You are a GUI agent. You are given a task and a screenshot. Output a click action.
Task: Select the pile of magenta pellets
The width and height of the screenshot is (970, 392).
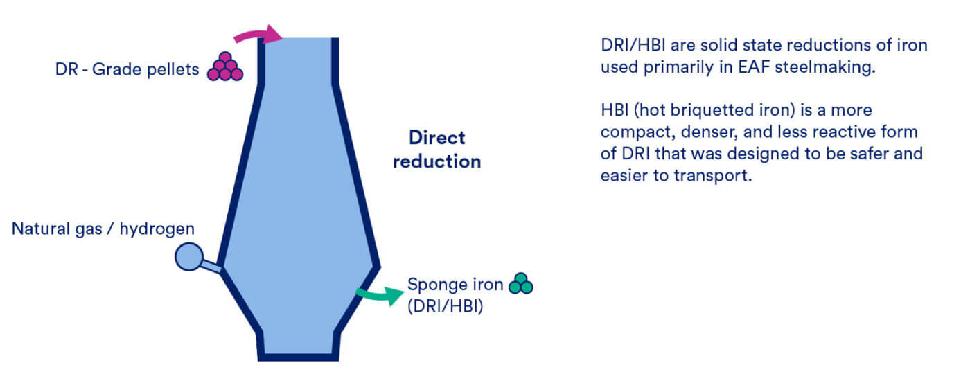tap(225, 66)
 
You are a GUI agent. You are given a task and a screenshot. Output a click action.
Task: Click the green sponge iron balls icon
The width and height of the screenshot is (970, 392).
tap(521, 283)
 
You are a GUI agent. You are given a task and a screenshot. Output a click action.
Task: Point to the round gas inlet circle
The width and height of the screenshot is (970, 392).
tap(188, 256)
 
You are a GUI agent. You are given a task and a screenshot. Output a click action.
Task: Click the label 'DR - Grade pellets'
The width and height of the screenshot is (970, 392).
tap(127, 69)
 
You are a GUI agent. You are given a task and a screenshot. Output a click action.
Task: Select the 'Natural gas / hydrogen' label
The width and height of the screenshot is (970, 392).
tap(103, 229)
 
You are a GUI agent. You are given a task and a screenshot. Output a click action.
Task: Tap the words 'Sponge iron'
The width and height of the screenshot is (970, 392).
tap(455, 285)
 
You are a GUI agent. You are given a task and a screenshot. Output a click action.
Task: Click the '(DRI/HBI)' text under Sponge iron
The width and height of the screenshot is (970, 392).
tap(445, 306)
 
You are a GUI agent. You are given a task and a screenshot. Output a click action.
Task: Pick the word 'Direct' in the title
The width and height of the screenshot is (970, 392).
tap(437, 138)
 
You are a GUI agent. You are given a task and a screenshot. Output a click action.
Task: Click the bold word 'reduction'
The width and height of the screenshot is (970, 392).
tap(437, 161)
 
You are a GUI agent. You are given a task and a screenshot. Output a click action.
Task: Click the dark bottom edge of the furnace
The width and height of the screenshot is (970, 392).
tap(299, 357)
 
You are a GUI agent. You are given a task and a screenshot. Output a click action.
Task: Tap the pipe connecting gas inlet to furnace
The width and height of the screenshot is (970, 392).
tap(212, 266)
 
